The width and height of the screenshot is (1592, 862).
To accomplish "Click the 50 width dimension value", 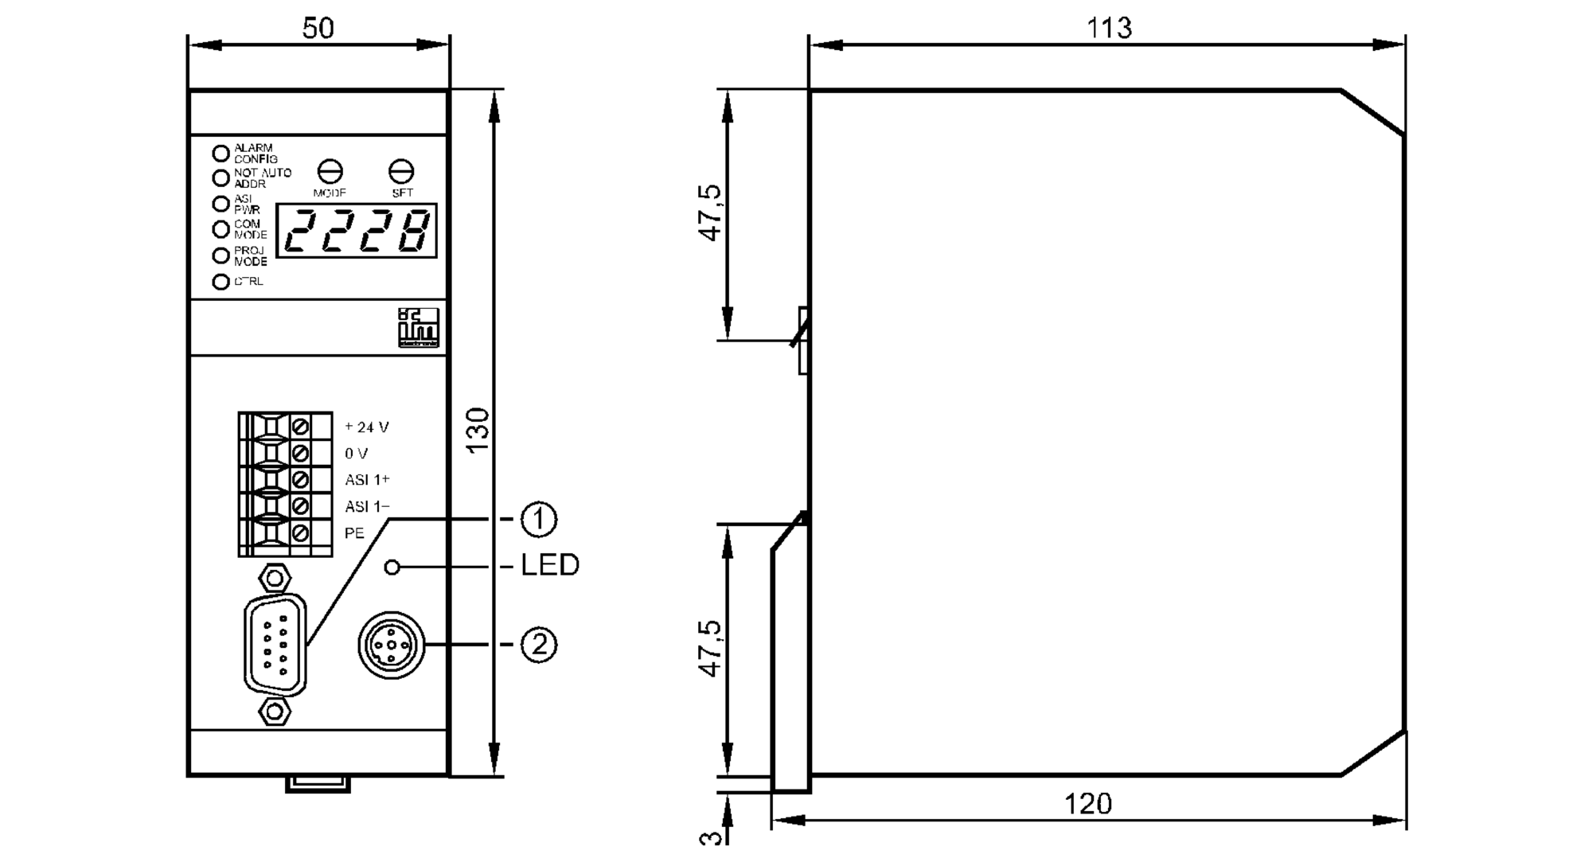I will [x=318, y=28].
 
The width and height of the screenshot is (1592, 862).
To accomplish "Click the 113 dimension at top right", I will [x=1109, y=28].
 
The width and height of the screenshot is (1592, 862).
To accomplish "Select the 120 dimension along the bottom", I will [x=1087, y=803].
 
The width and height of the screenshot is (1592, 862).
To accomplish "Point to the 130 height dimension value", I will [x=478, y=431].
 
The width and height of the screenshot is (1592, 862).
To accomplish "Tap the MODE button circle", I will [x=330, y=171].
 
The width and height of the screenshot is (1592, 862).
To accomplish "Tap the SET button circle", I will [x=401, y=171].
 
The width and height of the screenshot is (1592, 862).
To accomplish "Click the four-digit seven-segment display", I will [x=357, y=231].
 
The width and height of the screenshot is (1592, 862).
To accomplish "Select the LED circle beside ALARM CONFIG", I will [x=220, y=153].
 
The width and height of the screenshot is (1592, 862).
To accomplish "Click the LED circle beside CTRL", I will [x=220, y=282].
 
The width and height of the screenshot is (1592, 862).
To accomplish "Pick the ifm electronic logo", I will [x=419, y=327].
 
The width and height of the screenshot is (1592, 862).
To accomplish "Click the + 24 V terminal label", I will [x=367, y=427].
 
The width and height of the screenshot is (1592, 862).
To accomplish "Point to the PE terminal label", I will [x=354, y=533].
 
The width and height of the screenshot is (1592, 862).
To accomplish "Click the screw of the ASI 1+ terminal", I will [x=301, y=480].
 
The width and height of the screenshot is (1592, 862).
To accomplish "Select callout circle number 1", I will [x=539, y=519].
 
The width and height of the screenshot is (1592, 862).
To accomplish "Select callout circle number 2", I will [x=539, y=644].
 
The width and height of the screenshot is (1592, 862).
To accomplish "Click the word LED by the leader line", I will [x=549, y=565].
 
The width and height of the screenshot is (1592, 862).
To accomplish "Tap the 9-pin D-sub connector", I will [x=275, y=646].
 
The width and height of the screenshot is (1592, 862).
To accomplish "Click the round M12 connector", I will [x=391, y=646].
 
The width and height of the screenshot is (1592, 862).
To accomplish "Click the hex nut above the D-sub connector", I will [x=275, y=576].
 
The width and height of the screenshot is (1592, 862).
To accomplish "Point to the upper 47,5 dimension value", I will [x=710, y=213].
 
